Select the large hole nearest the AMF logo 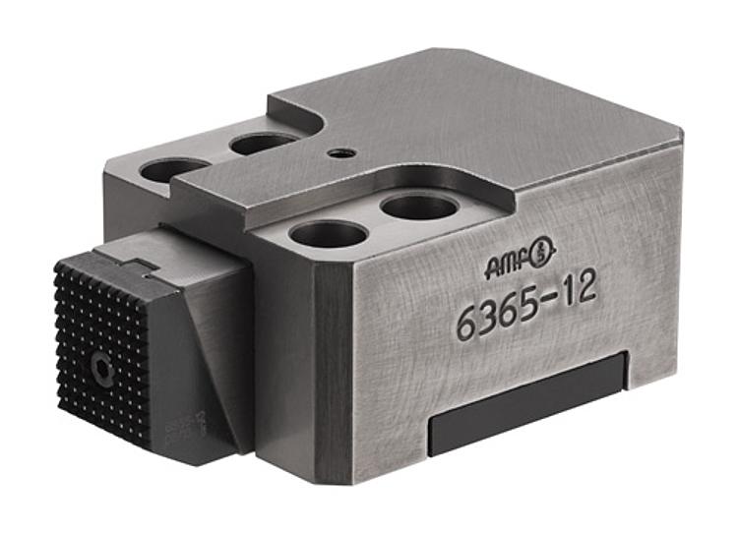419,207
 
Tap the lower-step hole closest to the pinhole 264,144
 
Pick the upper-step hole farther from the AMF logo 329,234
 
